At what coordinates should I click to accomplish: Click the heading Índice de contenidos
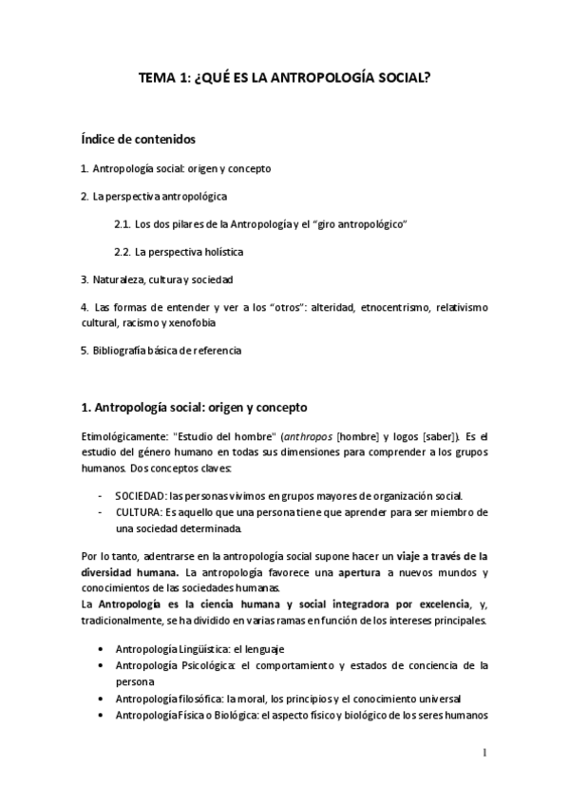[x=139, y=140]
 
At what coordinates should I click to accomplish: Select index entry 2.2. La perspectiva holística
[x=178, y=252]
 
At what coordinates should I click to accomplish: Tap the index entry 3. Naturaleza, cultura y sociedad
[x=157, y=279]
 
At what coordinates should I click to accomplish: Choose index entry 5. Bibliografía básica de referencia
[x=161, y=350]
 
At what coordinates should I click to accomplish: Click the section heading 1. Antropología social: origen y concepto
[x=195, y=408]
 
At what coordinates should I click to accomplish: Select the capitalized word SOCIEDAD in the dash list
[x=141, y=496]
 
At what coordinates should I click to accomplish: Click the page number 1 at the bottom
[x=484, y=754]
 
